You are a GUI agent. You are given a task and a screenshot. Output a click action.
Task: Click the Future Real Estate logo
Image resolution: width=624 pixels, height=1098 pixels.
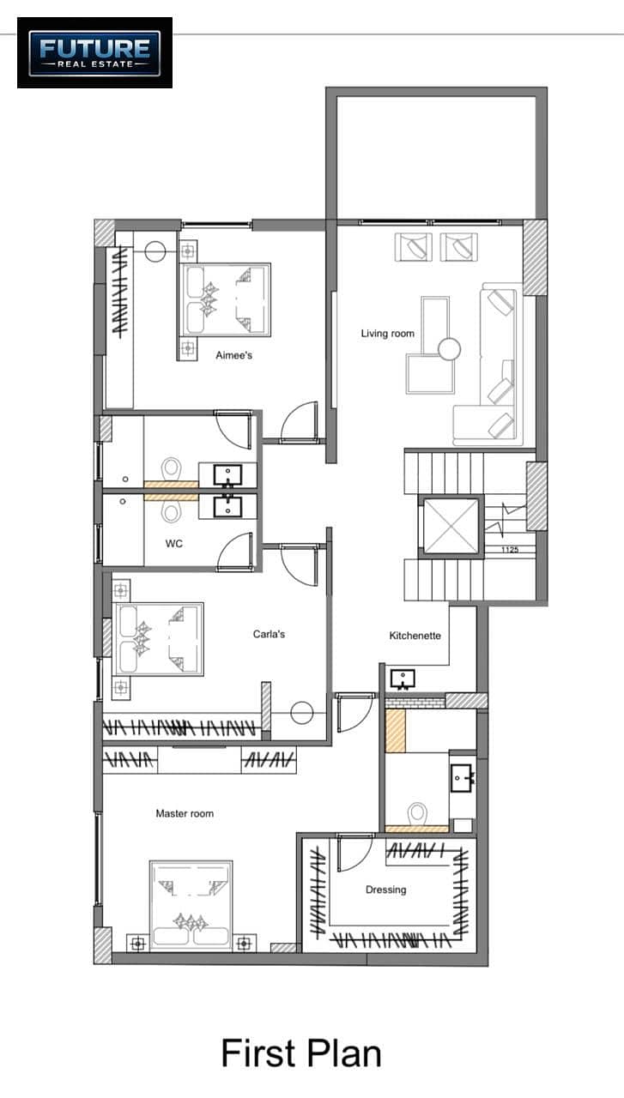pyautogui.click(x=94, y=53)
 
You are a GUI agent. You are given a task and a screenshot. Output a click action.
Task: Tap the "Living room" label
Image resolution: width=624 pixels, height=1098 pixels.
pyautogui.click(x=388, y=334)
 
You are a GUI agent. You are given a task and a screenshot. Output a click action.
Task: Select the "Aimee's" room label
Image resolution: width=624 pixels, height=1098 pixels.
pyautogui.click(x=234, y=355)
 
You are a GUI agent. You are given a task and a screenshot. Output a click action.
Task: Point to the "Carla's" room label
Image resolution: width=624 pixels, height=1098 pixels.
pyautogui.click(x=269, y=634)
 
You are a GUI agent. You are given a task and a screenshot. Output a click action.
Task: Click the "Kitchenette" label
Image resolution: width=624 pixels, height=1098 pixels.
pyautogui.click(x=415, y=636)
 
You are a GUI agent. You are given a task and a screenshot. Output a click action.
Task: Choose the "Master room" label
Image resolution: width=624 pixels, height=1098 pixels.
pyautogui.click(x=185, y=814)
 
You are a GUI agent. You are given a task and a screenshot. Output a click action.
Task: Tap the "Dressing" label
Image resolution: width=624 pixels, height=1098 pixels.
pyautogui.click(x=386, y=890)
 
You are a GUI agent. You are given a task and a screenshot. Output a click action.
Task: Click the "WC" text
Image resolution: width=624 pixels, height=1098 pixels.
pyautogui.click(x=174, y=544)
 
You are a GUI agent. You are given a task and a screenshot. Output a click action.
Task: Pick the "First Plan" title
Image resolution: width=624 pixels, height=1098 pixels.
pyautogui.click(x=301, y=1053)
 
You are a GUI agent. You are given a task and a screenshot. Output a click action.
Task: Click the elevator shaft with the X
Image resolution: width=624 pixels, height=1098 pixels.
pyautogui.click(x=451, y=527)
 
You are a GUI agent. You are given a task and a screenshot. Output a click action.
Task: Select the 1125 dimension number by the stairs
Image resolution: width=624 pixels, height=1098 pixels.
pyautogui.click(x=510, y=550)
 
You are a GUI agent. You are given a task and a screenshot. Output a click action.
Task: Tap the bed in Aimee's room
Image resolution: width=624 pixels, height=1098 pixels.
pyautogui.click(x=225, y=300)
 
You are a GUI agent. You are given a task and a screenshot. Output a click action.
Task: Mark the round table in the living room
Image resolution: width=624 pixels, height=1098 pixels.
pyautogui.click(x=449, y=349)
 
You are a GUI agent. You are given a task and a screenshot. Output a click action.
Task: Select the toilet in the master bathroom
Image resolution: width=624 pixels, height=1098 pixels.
pyautogui.click(x=417, y=814)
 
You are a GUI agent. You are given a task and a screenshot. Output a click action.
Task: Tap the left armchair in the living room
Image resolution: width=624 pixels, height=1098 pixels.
pyautogui.click(x=414, y=247)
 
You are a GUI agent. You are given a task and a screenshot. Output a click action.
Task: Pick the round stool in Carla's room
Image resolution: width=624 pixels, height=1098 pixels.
pyautogui.click(x=301, y=713)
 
